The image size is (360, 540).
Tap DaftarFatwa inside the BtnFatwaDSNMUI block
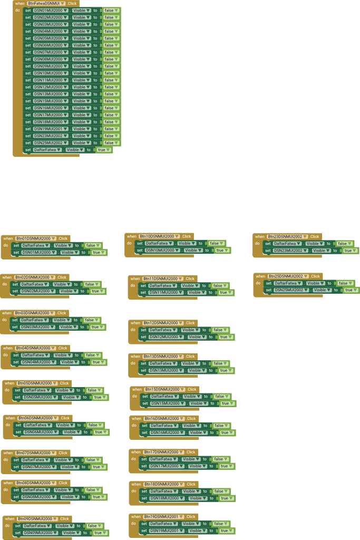[x=48, y=150]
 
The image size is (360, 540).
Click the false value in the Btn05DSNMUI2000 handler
[x=93, y=390]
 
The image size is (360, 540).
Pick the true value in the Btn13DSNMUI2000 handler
[x=225, y=370]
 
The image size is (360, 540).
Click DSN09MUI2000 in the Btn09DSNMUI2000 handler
[x=41, y=533]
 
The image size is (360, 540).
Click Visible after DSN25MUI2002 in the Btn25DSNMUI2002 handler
[x=321, y=290]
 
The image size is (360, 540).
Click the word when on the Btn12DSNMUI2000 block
[x=135, y=323]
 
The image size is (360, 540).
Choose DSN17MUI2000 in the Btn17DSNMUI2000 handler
[x=166, y=466]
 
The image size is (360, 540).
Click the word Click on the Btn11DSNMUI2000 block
[x=190, y=278]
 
